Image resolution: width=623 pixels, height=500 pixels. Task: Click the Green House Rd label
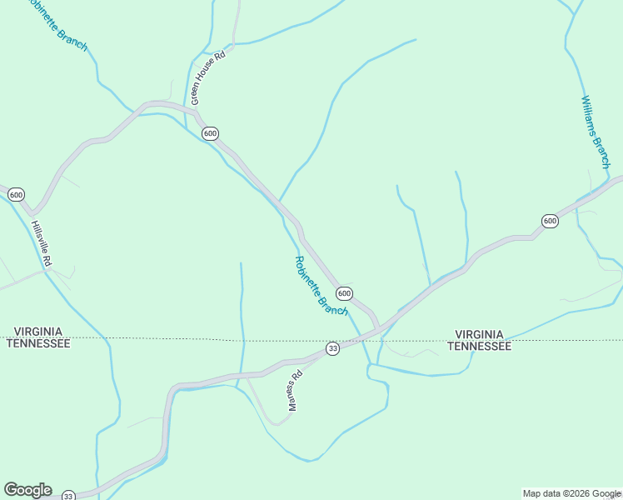pyautogui.click(x=208, y=78)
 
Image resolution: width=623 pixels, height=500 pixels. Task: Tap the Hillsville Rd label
pyautogui.click(x=42, y=243)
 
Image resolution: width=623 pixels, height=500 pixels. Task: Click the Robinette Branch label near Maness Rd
pyautogui.click(x=321, y=286)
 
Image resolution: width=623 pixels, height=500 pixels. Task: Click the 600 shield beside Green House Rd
pyautogui.click(x=210, y=133)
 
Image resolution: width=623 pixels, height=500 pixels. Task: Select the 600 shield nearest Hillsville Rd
pyautogui.click(x=16, y=194)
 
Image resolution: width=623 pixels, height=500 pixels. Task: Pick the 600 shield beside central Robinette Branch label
pyautogui.click(x=344, y=293)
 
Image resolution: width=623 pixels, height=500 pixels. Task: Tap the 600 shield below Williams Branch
pyautogui.click(x=549, y=221)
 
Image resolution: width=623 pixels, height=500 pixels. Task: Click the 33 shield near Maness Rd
pyautogui.click(x=332, y=348)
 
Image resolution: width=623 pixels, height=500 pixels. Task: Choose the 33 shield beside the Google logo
pyautogui.click(x=68, y=495)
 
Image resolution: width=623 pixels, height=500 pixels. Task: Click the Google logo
pyautogui.click(x=27, y=490)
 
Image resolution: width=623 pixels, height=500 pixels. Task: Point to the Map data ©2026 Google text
pyautogui.click(x=571, y=493)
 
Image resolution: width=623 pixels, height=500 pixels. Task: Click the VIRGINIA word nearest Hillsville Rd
pyautogui.click(x=38, y=332)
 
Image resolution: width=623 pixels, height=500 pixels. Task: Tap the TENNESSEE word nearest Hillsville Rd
pyautogui.click(x=38, y=343)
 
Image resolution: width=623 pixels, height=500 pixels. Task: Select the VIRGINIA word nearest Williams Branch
pyautogui.click(x=479, y=333)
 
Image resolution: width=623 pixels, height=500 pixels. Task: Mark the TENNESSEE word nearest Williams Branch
pyautogui.click(x=479, y=346)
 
